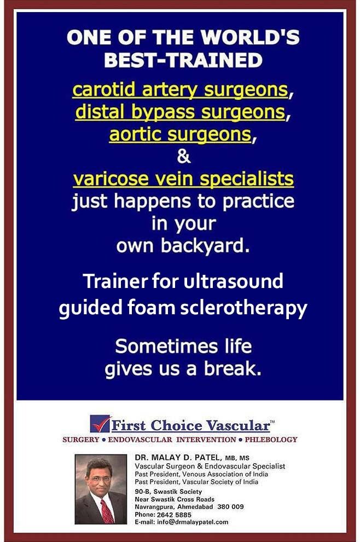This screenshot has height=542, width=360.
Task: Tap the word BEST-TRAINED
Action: [x=183, y=60]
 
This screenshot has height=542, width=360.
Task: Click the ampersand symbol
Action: [x=183, y=156]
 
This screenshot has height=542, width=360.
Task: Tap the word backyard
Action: [x=205, y=245]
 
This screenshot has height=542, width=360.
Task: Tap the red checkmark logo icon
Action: [x=101, y=424]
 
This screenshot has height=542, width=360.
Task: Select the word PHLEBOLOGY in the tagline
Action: [x=271, y=440]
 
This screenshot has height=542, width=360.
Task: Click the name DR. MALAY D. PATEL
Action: [x=177, y=458]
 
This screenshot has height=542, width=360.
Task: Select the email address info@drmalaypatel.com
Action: [x=193, y=522]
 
